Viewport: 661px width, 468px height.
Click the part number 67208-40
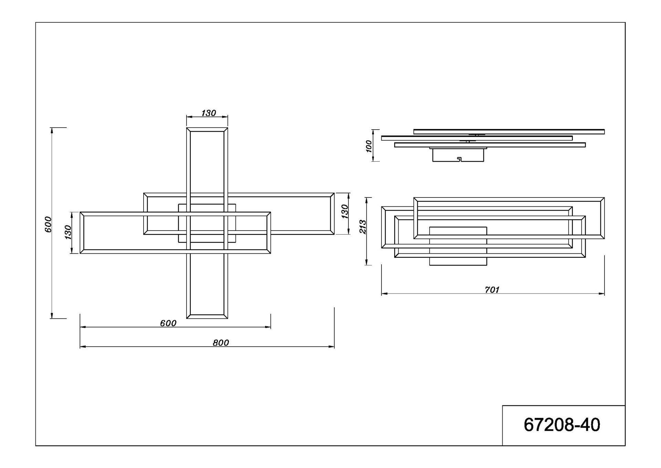tap(562, 425)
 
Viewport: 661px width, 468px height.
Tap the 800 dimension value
tap(221, 343)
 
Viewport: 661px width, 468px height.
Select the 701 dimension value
tap(492, 290)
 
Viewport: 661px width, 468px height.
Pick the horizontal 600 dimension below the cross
tap(168, 323)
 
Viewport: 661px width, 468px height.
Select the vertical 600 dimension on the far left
tap(48, 224)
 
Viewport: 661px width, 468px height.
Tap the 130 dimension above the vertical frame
tap(209, 113)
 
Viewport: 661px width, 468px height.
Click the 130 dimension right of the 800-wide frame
tap(345, 211)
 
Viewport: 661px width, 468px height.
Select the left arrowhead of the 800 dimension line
tap(82, 347)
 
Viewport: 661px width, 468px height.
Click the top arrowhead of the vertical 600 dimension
tap(52, 130)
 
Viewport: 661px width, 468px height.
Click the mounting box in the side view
tap(458, 155)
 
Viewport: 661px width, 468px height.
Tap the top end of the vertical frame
tap(207, 130)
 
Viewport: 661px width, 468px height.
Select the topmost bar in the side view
tap(509, 132)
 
